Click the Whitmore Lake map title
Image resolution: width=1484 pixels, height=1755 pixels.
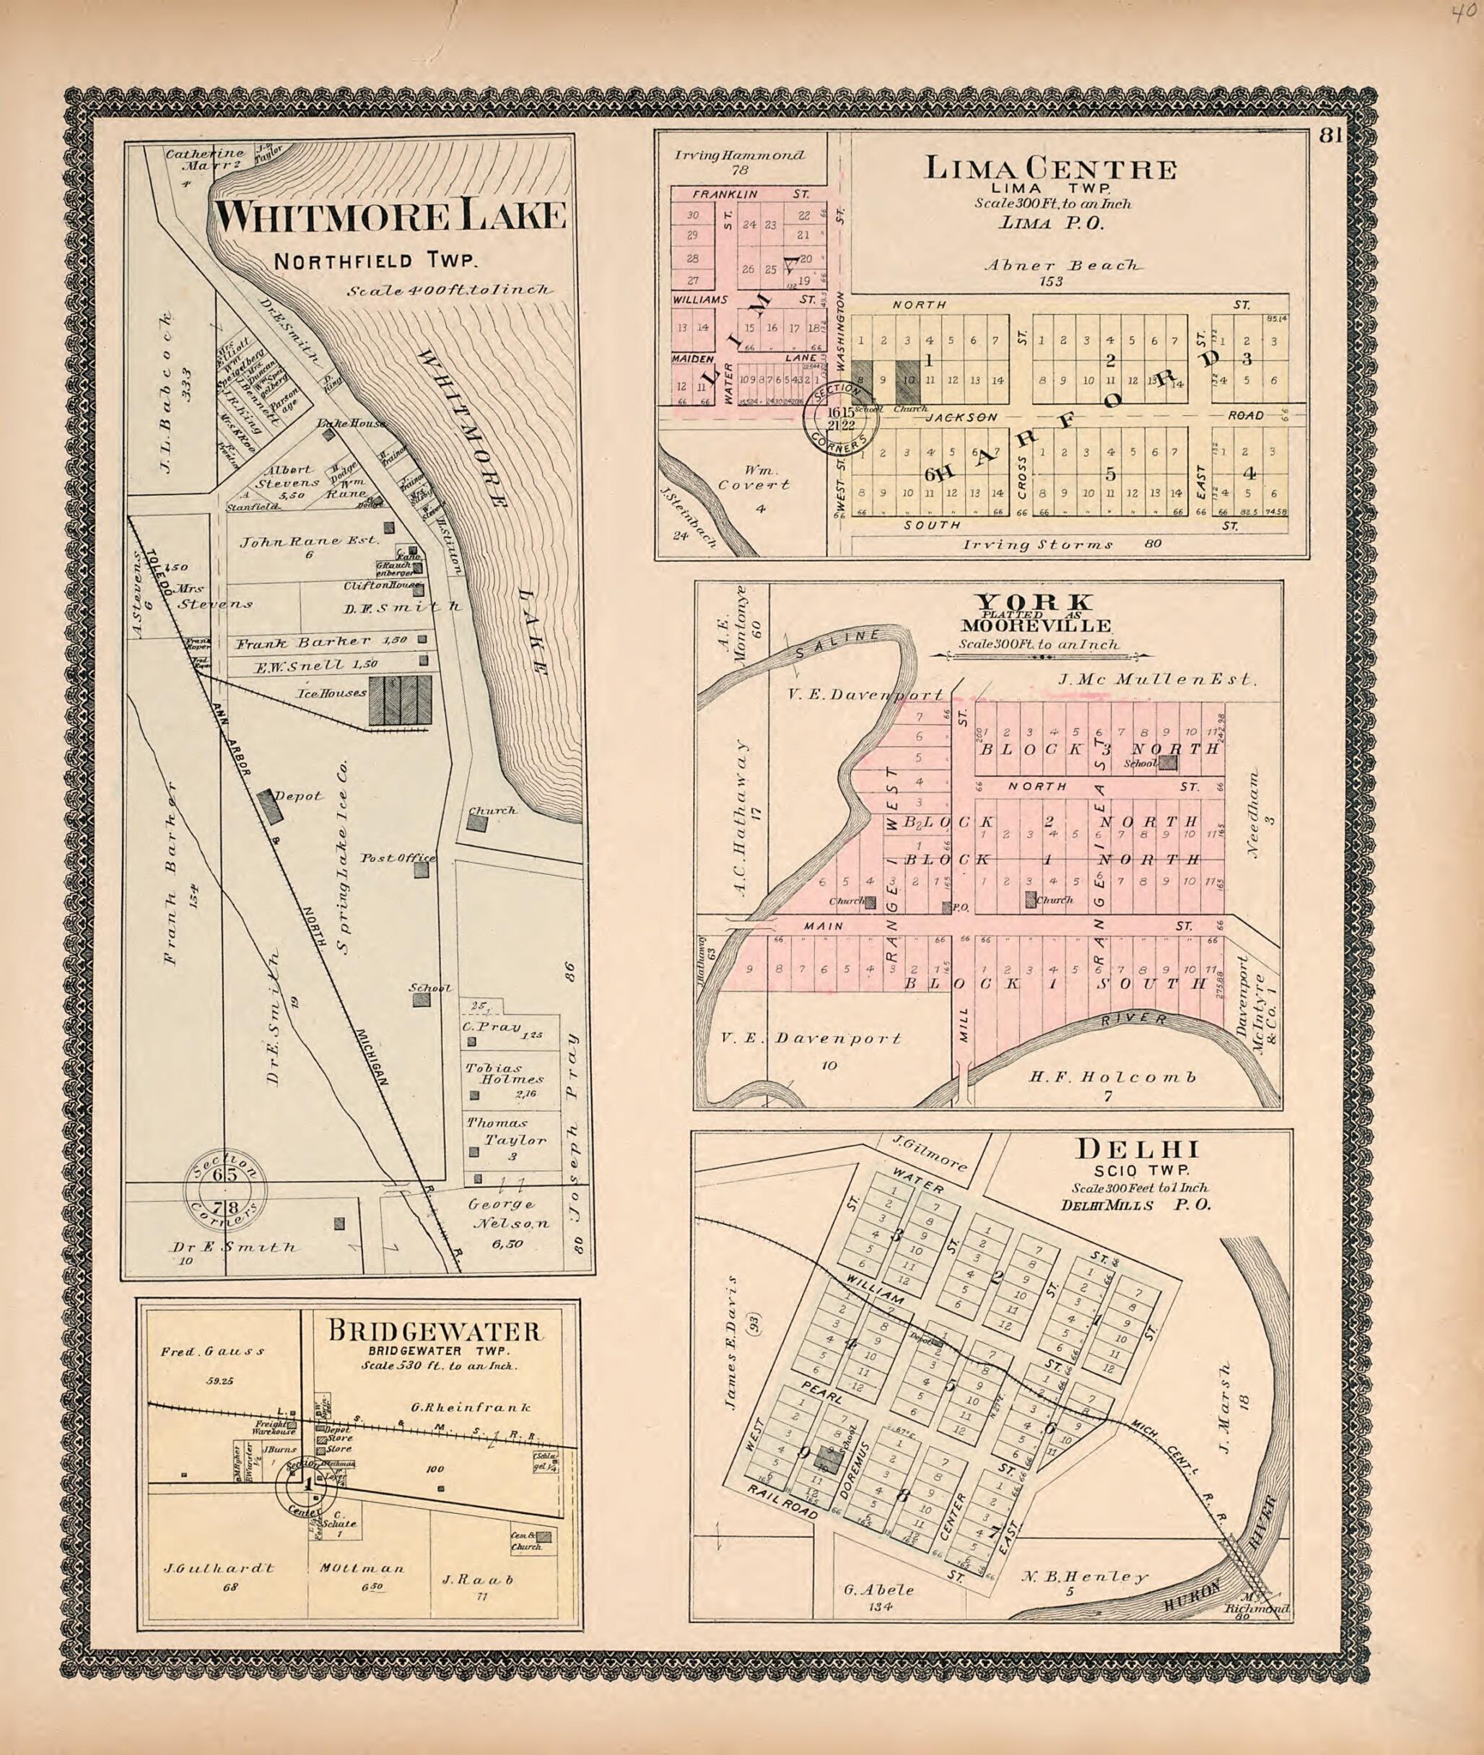(388, 217)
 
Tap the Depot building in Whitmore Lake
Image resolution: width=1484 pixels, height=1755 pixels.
(270, 807)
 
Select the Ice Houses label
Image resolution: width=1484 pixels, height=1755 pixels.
(332, 693)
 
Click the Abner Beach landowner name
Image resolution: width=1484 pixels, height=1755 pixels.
(1063, 265)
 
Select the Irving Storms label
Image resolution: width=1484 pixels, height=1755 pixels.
(1038, 544)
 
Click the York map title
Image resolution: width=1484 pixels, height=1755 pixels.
(1035, 601)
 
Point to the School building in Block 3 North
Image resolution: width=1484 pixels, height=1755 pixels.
(1168, 763)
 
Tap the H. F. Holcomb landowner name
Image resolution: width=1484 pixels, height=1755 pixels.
(1112, 1077)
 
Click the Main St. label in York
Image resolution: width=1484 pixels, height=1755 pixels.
(824, 926)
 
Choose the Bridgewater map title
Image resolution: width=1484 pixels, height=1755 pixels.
(434, 1332)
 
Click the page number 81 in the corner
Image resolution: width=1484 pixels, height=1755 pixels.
(1330, 136)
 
